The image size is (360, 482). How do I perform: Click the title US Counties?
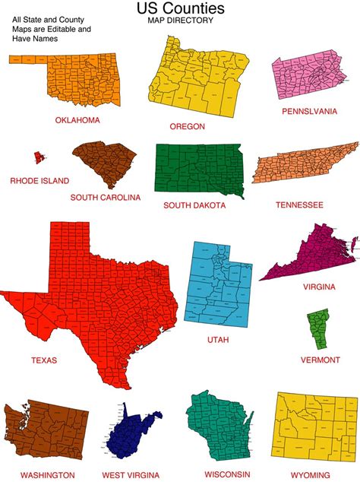(x=180, y=9)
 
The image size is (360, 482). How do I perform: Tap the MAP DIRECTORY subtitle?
(x=180, y=21)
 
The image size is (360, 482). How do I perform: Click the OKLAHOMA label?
(x=77, y=119)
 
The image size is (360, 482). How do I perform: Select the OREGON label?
(x=187, y=126)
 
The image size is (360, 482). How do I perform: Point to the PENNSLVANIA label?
(x=309, y=111)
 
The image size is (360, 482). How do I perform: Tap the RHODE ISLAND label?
(x=39, y=181)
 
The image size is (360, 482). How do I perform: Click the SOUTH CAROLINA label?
(x=105, y=197)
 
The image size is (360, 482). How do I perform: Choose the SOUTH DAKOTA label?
(x=194, y=205)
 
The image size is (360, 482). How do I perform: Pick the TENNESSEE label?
(x=298, y=205)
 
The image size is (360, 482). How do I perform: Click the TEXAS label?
(x=44, y=360)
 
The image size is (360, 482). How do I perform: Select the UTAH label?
(x=218, y=340)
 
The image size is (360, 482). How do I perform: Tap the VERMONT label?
(x=319, y=360)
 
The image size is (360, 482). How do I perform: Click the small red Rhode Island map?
(x=38, y=157)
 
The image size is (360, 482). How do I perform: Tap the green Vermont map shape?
(x=317, y=328)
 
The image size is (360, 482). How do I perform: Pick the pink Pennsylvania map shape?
(x=307, y=78)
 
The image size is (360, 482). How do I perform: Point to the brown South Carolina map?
(x=106, y=163)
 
